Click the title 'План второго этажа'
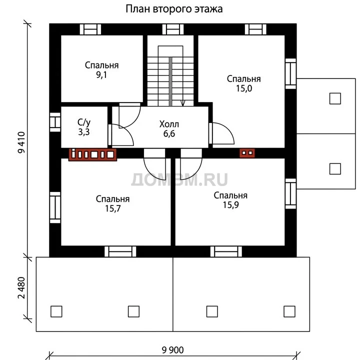click(174, 9)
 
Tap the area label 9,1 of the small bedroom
click(101, 75)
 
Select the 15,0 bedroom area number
click(244, 88)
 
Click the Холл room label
click(169, 124)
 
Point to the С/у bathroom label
click(84, 122)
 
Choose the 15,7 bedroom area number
click(112, 208)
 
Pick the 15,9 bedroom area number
click(230, 205)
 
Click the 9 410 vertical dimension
click(21, 142)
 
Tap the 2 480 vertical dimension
click(21, 288)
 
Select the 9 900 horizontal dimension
click(172, 350)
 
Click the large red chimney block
click(92, 154)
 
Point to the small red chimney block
click(247, 153)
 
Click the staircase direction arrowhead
click(183, 103)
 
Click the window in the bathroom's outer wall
click(55, 122)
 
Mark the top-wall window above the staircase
click(173, 29)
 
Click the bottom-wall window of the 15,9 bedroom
click(226, 251)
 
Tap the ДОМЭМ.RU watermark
click(179, 179)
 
